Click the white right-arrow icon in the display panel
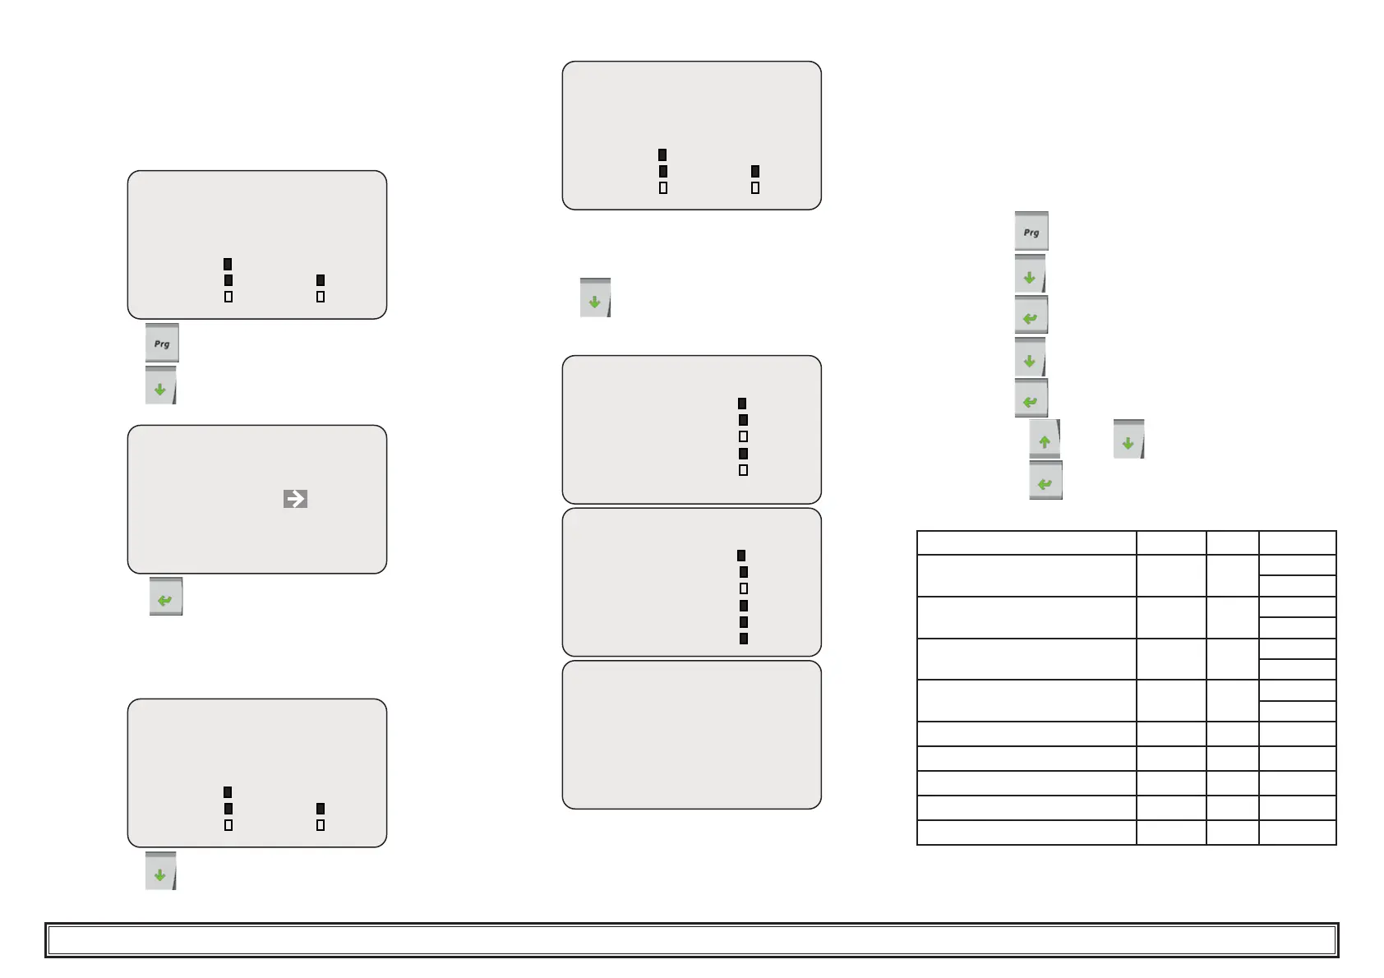[x=295, y=499]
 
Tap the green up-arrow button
[x=1045, y=439]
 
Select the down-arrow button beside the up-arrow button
[x=1128, y=439]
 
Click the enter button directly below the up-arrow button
[x=1045, y=481]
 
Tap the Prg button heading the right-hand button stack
[x=1031, y=231]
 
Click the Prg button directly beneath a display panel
[x=162, y=343]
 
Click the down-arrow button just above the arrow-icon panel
[x=161, y=385]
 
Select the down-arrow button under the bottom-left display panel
[x=161, y=871]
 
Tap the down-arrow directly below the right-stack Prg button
[x=1031, y=274]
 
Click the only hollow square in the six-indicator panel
[x=744, y=588]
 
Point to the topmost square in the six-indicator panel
[x=741, y=556]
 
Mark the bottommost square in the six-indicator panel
[x=744, y=639]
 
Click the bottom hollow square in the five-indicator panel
[x=744, y=470]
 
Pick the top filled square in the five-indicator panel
[x=742, y=404]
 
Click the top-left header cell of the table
[x=1026, y=543]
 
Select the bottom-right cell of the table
[x=1297, y=833]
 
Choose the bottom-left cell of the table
[x=1026, y=833]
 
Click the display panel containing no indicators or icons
[x=691, y=735]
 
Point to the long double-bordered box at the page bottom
[x=691, y=940]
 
